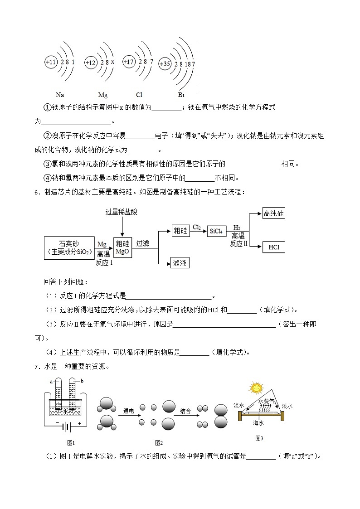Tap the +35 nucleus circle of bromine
(165, 64)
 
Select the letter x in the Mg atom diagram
(112, 62)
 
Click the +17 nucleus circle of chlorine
(129, 62)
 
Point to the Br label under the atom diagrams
(181, 95)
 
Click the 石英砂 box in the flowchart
(69, 247)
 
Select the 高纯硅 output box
(274, 213)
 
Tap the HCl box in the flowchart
(274, 247)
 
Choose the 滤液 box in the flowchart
(180, 263)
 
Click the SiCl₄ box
(216, 231)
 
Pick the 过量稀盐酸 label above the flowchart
(121, 212)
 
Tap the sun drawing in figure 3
(256, 388)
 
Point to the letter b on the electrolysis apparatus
(83, 381)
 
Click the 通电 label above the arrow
(129, 411)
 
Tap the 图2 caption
(159, 443)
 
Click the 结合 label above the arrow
(185, 411)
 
